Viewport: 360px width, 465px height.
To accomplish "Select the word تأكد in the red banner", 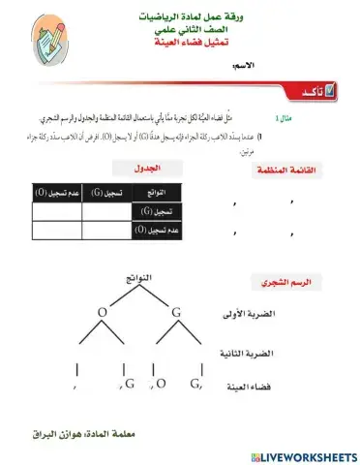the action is (299, 90).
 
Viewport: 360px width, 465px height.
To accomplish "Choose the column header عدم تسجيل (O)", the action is (56, 194).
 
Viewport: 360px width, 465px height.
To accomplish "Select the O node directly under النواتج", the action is (102, 312).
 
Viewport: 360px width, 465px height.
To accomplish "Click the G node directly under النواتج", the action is (176, 312).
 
